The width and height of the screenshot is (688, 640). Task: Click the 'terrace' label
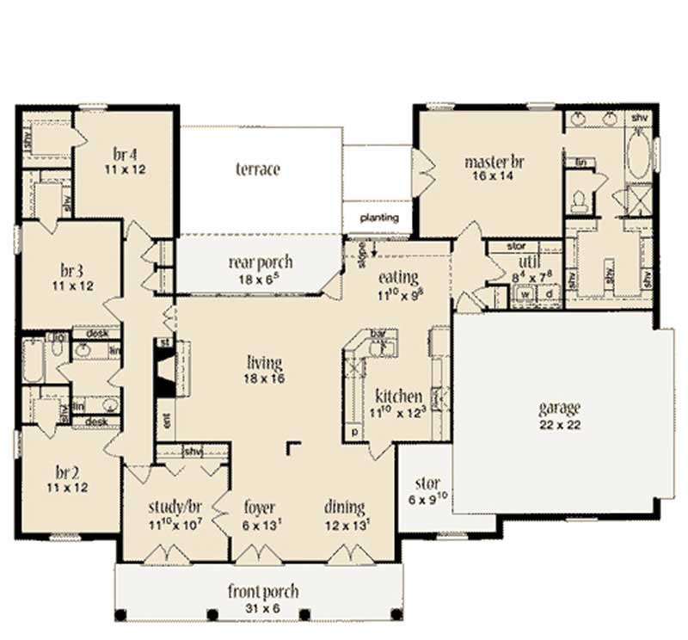click(258, 169)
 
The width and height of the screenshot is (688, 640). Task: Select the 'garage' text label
click(559, 408)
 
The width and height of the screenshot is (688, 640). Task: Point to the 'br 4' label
click(126, 155)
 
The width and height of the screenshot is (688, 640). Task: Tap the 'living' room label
click(265, 363)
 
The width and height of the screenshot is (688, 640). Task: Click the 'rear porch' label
click(261, 262)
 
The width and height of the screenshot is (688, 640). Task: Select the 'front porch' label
click(263, 591)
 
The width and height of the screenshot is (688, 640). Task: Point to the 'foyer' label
click(259, 508)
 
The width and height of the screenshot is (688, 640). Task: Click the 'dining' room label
click(344, 508)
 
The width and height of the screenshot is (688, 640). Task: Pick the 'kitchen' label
click(398, 397)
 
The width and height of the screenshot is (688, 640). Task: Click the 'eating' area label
click(398, 278)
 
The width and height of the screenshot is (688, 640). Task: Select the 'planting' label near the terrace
click(379, 218)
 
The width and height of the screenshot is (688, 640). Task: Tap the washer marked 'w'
click(524, 293)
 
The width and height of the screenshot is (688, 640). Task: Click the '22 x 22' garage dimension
click(559, 425)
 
